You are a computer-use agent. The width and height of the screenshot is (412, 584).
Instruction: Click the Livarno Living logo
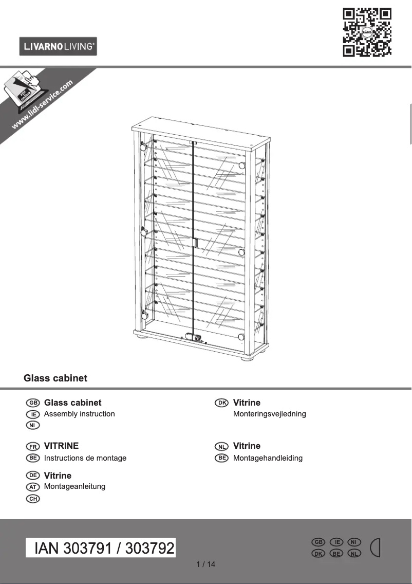[x=58, y=47]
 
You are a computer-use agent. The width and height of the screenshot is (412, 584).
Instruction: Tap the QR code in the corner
[x=367, y=32]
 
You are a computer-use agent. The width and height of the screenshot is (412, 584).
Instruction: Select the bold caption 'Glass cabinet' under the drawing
[x=55, y=378]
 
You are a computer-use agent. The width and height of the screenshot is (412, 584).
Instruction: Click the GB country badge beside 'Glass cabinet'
[x=33, y=403]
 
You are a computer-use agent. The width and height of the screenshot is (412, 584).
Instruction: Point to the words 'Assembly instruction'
[x=79, y=414]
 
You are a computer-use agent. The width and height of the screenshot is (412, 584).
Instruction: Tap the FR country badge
[x=33, y=446]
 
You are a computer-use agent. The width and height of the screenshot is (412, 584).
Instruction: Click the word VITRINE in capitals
[x=61, y=446]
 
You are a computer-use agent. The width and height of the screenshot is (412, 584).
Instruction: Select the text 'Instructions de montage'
[x=85, y=458]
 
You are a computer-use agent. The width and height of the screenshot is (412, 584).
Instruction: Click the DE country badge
[x=33, y=476]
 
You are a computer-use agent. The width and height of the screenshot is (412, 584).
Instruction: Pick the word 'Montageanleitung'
[x=74, y=486]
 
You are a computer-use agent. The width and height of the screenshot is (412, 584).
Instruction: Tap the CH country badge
[x=33, y=498]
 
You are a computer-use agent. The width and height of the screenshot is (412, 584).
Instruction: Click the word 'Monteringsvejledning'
[x=269, y=414]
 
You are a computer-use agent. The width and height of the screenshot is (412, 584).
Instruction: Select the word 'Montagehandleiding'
[x=268, y=458]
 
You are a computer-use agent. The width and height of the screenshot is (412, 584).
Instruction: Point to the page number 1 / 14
[x=206, y=564]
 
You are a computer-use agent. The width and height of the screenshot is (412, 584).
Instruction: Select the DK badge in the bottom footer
[x=319, y=553]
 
